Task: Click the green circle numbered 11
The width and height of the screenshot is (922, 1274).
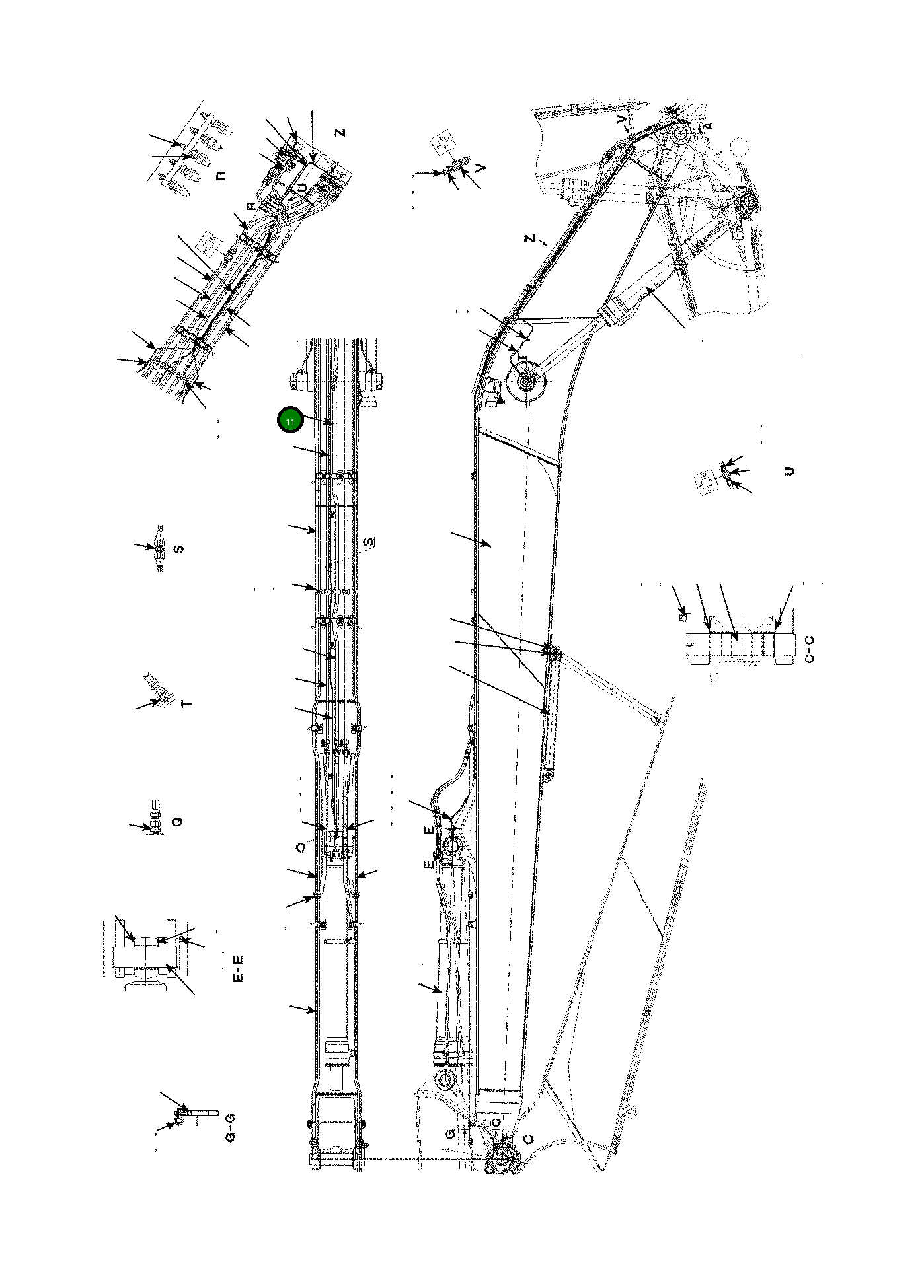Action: (290, 420)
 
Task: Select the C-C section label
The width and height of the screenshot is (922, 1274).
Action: (810, 648)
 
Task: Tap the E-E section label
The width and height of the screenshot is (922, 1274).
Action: (239, 967)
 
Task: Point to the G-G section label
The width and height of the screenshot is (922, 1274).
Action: (230, 1127)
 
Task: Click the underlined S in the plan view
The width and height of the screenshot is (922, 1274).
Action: (369, 542)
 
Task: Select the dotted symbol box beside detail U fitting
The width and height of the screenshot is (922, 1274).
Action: (706, 480)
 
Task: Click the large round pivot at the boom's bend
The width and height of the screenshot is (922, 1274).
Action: (527, 382)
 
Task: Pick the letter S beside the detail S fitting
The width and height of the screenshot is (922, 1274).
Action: (177, 549)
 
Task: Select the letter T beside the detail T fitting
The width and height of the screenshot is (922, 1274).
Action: (187, 704)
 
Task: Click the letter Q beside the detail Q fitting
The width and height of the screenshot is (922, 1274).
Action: (176, 822)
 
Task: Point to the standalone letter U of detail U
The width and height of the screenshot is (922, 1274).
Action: (788, 471)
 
